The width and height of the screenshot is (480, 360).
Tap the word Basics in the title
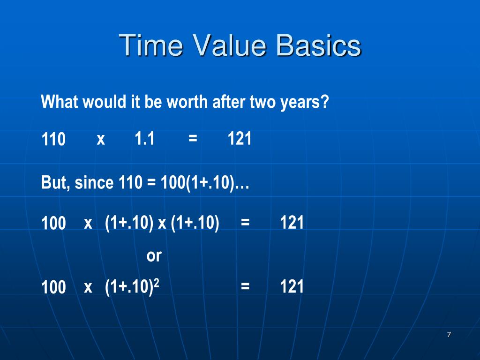tap(318, 45)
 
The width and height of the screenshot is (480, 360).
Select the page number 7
tap(449, 334)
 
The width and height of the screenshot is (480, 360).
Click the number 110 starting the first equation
tap(53, 140)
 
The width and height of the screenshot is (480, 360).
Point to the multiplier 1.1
tap(144, 139)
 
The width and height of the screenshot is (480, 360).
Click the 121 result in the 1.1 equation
tap(240, 139)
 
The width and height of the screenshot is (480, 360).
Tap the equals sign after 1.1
tap(192, 139)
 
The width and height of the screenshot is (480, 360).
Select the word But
tap(53, 182)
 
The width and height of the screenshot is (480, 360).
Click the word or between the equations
tap(154, 256)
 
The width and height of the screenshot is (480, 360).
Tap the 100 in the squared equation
tap(53, 287)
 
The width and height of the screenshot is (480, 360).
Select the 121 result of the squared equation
tap(292, 286)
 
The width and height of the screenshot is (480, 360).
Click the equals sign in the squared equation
tap(245, 286)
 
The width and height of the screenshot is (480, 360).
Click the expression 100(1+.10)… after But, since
tap(204, 182)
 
